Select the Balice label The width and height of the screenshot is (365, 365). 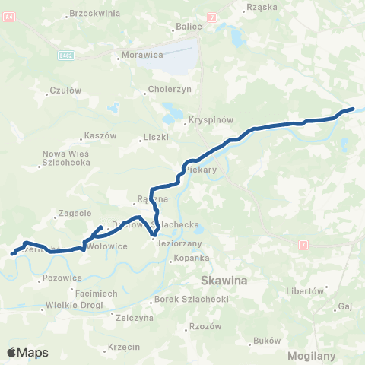(x=189, y=26)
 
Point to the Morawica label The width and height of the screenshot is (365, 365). (x=140, y=56)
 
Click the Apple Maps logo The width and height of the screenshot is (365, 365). (x=27, y=353)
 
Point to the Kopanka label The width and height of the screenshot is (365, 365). (x=191, y=258)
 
